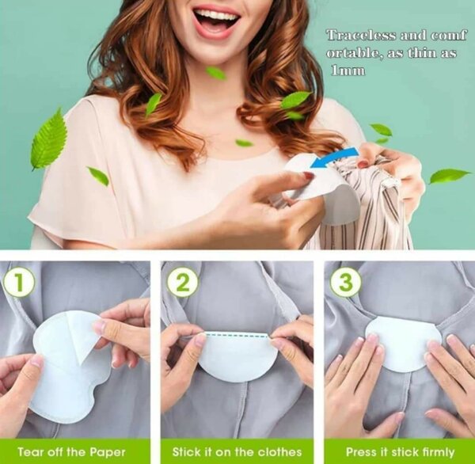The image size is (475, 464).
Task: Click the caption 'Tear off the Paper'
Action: coord(72,452)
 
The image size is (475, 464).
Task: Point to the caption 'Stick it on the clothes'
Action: coord(237,452)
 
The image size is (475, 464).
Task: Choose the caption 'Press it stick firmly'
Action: coord(399,452)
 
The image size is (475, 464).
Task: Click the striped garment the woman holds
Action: coord(380,214)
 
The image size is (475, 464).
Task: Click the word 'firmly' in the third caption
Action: coord(436,452)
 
